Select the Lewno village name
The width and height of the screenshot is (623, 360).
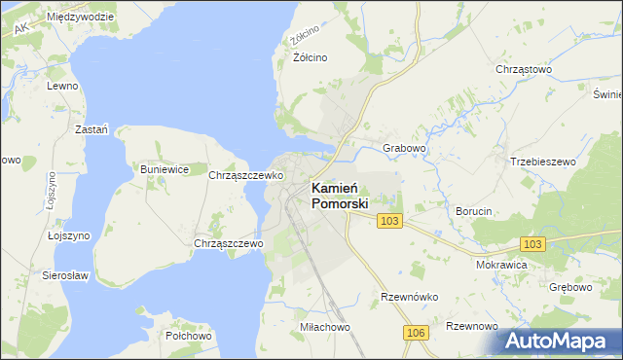coord(61,86)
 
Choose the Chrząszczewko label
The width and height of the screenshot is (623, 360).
coord(245,176)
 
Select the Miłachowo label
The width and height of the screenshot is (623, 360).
coord(325,328)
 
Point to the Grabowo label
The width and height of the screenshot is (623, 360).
coord(405,148)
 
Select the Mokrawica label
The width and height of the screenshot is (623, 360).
coord(501,264)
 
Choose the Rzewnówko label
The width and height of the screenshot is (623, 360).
coord(410,297)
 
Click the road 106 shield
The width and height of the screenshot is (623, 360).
coord(416,334)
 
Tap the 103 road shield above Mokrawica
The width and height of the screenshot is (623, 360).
coord(532,244)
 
